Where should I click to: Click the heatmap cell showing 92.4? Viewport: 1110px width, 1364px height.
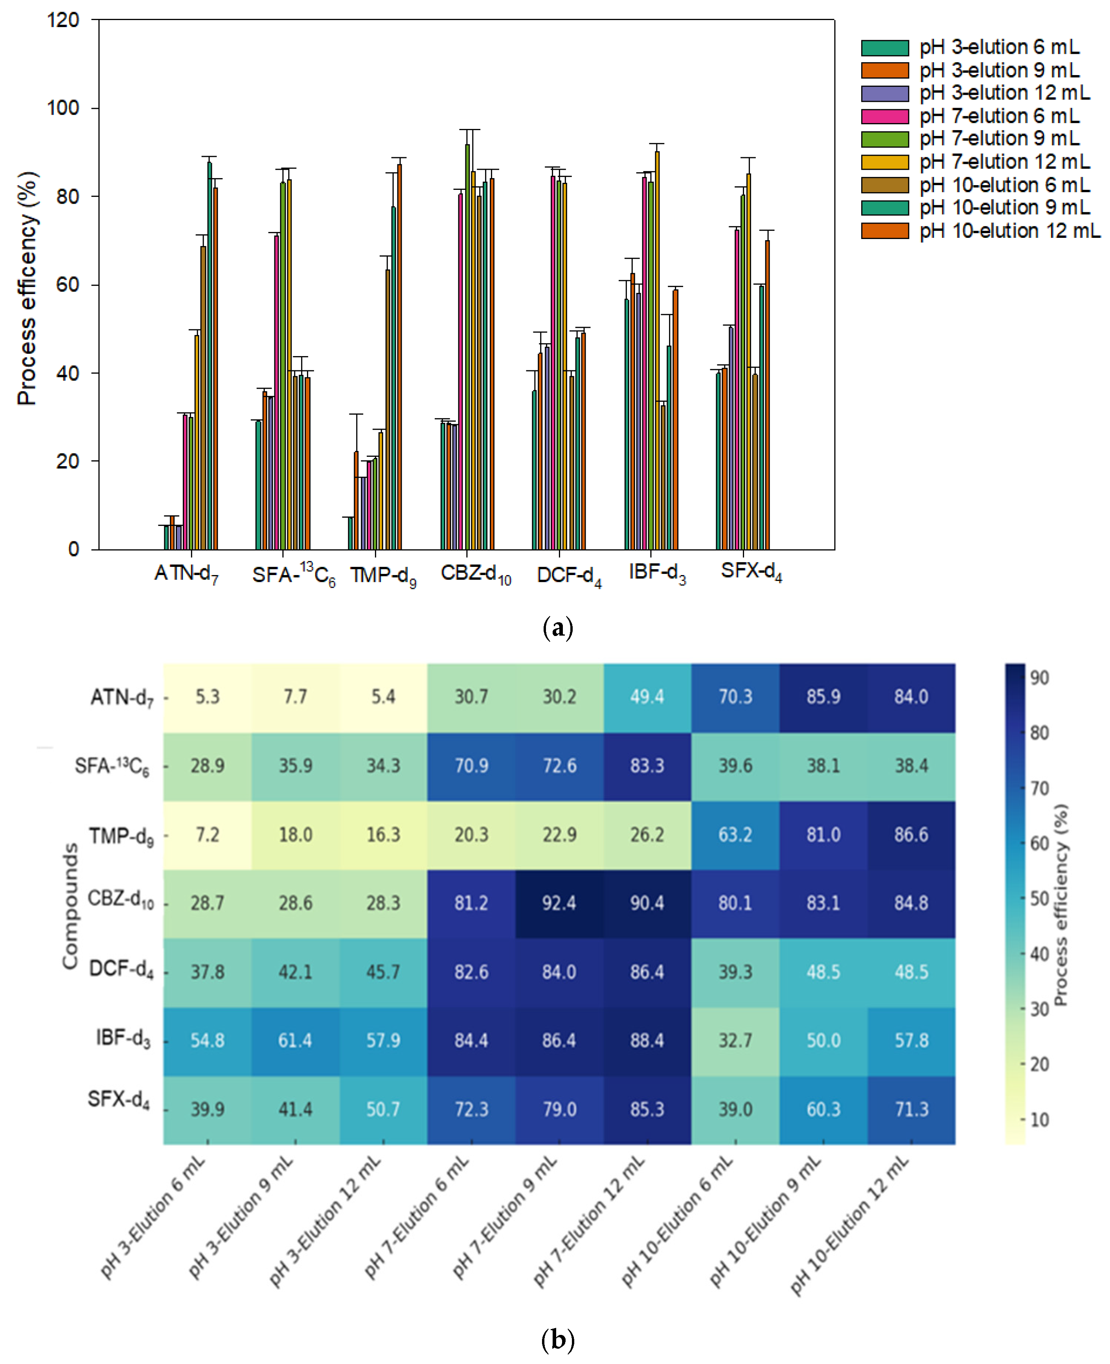coord(559,903)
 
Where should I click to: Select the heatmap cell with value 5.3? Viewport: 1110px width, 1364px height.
coord(207,697)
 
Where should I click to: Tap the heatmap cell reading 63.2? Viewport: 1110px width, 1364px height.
coord(735,835)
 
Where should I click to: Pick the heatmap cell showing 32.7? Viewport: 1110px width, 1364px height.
coord(735,1040)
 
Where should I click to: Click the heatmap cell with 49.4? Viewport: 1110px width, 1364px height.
coord(647,697)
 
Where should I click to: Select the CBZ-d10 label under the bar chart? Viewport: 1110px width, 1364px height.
coord(476,574)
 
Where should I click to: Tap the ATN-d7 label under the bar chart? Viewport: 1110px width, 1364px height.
coord(186,574)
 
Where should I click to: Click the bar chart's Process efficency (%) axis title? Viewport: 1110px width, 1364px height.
coord(27,288)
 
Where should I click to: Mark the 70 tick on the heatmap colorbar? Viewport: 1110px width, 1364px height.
coord(1039,788)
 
